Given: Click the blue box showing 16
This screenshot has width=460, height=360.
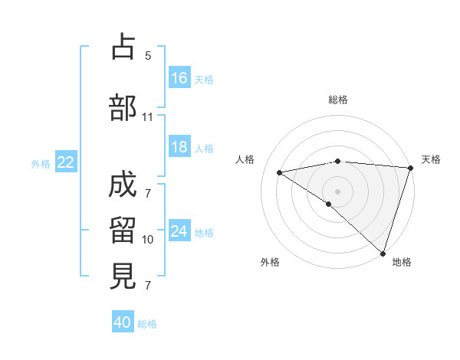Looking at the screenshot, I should [179, 77].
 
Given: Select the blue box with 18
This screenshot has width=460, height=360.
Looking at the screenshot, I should [179, 147].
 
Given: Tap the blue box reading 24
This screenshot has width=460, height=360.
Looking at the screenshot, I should [179, 231].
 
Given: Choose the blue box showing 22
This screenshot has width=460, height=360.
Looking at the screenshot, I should [66, 162].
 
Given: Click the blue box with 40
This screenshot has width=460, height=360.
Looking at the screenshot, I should [123, 322].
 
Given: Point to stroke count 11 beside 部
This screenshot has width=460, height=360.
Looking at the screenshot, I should [147, 117].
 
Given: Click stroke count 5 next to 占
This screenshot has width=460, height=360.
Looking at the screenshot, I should [148, 56].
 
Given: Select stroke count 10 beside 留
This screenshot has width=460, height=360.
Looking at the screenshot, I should [148, 240].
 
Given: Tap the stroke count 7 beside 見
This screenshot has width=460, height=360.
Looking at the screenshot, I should [148, 286].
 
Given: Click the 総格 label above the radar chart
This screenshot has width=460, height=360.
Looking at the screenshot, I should [338, 100].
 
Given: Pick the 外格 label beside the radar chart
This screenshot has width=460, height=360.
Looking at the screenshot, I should [270, 262].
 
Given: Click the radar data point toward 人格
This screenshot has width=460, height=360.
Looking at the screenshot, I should [280, 172].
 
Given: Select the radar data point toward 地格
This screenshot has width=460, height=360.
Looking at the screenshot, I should [382, 253].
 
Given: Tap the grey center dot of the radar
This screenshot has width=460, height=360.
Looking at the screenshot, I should [337, 190].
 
